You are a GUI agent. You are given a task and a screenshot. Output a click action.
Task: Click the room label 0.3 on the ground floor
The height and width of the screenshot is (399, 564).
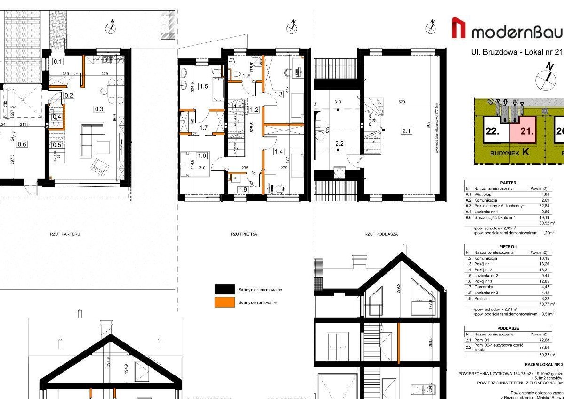99,109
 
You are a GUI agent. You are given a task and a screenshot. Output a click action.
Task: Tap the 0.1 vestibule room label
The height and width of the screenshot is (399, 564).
58,61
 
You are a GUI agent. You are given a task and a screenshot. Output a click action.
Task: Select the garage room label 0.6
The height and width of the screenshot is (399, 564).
22,145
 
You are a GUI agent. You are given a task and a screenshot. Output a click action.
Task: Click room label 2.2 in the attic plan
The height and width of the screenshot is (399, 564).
339,143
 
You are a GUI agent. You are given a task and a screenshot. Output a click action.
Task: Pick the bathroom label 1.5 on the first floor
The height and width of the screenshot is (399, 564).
203,86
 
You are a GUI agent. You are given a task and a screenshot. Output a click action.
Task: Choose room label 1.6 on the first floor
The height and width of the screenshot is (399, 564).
202,156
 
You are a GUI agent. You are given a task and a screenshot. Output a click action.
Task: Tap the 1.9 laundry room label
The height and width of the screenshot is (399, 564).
243,189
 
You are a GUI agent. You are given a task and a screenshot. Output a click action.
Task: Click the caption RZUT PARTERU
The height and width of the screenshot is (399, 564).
65,234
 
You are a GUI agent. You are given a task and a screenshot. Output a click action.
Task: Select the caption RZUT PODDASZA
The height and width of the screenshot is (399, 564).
381,234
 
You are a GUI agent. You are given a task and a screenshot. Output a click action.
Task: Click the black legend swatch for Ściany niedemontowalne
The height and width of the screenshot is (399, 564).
225,289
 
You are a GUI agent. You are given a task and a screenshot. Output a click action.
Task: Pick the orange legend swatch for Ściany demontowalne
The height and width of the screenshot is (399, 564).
225,302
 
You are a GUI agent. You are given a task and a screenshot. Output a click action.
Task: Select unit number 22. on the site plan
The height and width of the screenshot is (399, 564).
492,131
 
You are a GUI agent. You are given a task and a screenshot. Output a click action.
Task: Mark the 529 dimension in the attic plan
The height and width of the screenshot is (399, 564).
402,102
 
